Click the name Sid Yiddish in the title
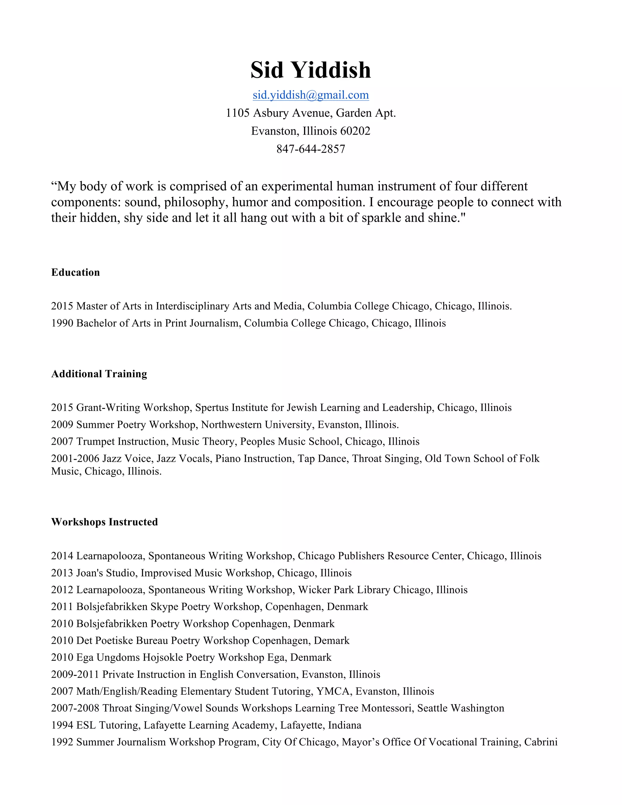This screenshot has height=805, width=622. (x=311, y=70)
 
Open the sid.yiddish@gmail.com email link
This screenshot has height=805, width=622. (x=311, y=95)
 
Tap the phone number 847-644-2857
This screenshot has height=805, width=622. (x=311, y=149)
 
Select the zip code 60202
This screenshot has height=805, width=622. (x=355, y=131)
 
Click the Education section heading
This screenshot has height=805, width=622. (x=76, y=272)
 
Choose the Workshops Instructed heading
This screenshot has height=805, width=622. (x=105, y=522)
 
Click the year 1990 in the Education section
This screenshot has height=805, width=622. (x=62, y=323)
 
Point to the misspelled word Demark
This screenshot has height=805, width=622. (x=331, y=641)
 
